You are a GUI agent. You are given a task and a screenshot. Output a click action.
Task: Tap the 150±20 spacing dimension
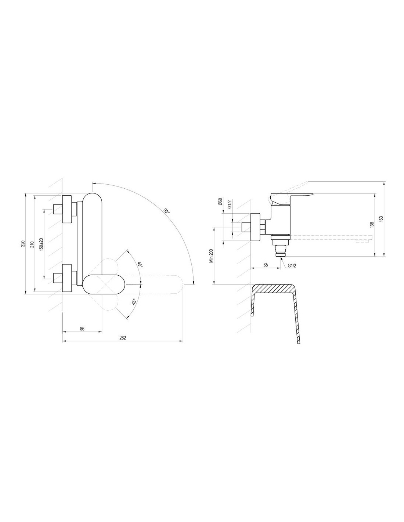[41, 244]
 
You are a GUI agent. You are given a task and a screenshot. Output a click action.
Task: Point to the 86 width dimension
[82, 329]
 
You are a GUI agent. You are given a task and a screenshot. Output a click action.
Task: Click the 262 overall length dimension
[123, 338]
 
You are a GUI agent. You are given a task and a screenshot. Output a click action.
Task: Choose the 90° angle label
[166, 211]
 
